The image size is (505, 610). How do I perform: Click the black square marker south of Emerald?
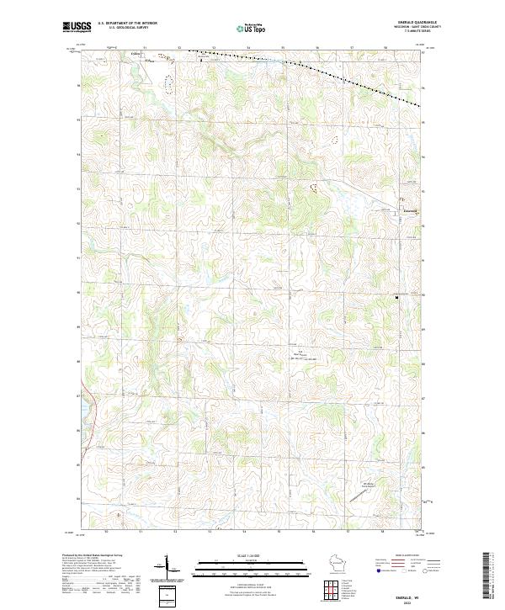[x=396, y=296]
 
